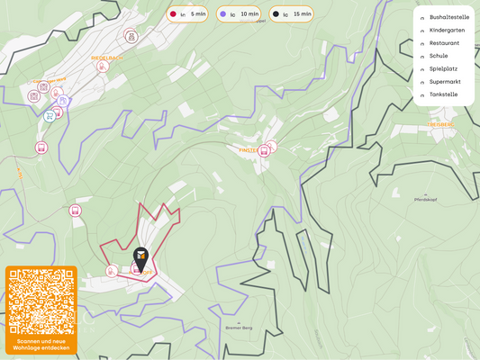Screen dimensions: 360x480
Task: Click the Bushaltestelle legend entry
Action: point(448,17)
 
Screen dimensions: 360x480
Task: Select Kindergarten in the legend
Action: point(447,30)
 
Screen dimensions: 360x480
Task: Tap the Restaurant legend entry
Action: point(444,42)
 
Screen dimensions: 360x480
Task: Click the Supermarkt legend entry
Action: point(445,81)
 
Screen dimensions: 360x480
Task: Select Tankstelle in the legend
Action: point(443,94)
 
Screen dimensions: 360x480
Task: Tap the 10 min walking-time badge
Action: point(240,14)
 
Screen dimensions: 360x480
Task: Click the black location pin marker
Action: point(141,257)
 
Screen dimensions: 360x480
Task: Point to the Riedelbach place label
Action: point(106,57)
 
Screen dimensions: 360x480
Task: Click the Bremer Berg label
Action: point(238,328)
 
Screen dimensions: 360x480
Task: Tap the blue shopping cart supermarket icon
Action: point(49,116)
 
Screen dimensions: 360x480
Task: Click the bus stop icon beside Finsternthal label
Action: point(263,151)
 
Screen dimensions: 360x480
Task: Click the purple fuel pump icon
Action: point(63,102)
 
